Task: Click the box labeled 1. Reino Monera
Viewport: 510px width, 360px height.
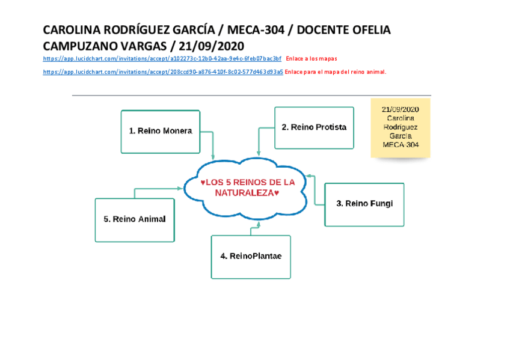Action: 160,131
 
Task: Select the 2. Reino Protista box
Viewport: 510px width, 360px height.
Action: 314,127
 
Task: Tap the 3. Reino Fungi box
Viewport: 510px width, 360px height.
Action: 364,204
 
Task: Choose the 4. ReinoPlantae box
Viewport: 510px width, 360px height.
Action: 251,257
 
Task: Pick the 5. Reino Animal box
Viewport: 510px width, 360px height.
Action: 135,219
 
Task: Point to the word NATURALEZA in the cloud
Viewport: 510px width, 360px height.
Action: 239,193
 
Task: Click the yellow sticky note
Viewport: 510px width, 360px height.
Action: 400,127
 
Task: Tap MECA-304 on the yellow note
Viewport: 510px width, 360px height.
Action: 401,145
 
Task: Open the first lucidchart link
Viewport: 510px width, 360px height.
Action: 162,59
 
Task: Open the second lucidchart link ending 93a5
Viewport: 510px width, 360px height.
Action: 163,72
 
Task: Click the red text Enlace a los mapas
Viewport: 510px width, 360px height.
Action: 312,59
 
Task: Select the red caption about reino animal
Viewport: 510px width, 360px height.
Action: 335,72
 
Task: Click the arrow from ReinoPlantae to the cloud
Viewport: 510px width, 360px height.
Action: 258,228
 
